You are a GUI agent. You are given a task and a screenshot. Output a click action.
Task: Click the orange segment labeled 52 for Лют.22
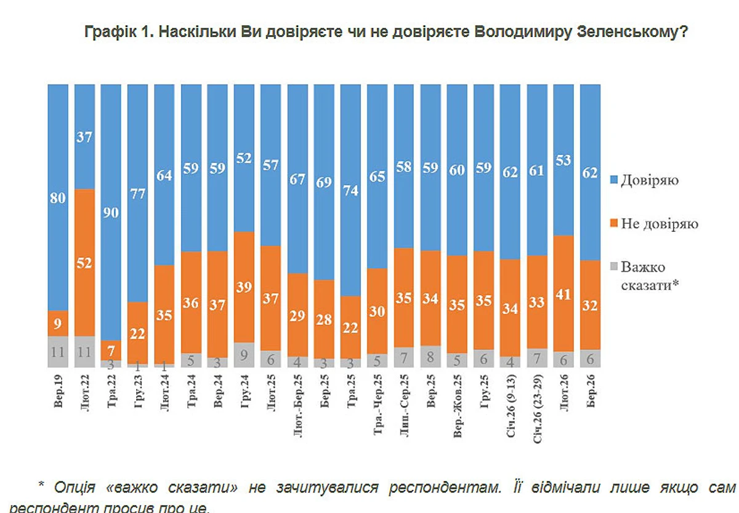click(84, 263)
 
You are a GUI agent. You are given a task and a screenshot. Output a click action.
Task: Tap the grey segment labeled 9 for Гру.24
click(244, 354)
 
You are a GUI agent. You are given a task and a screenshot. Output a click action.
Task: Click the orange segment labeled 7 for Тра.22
click(111, 350)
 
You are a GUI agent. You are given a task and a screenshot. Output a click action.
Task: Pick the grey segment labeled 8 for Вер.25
click(430, 356)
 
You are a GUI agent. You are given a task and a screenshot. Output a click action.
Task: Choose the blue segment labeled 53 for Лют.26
click(563, 159)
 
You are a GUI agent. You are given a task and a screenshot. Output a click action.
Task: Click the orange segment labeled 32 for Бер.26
click(590, 304)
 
